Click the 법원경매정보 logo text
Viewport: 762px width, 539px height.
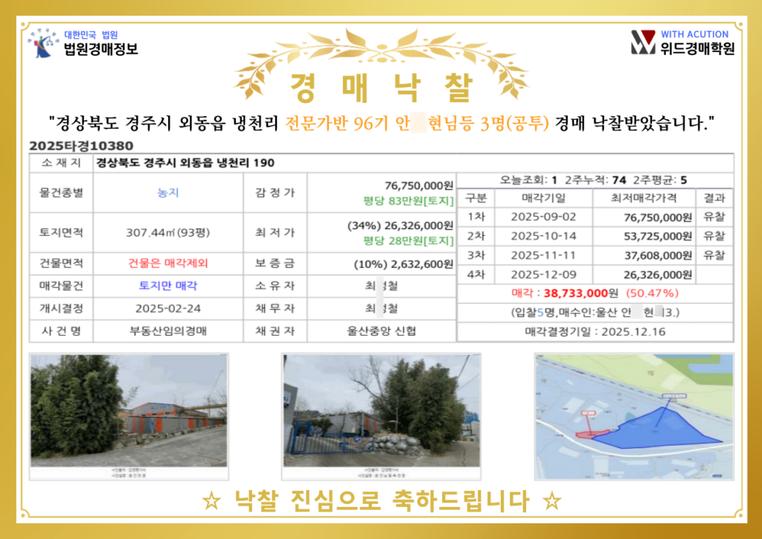pyautogui.click(x=100, y=50)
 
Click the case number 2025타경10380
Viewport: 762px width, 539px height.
pyautogui.click(x=82, y=147)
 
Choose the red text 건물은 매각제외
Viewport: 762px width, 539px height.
pyautogui.click(x=167, y=263)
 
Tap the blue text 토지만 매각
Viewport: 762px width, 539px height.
pyautogui.click(x=167, y=285)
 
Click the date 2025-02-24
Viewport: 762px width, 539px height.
pyautogui.click(x=167, y=308)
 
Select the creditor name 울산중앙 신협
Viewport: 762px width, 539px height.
pyautogui.click(x=382, y=331)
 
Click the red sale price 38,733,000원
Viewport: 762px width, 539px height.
pyautogui.click(x=577, y=293)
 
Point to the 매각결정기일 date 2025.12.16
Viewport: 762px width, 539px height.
pyautogui.click(x=635, y=331)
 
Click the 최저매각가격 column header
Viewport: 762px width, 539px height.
pyautogui.click(x=643, y=198)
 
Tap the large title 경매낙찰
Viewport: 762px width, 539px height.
pyautogui.click(x=380, y=88)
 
